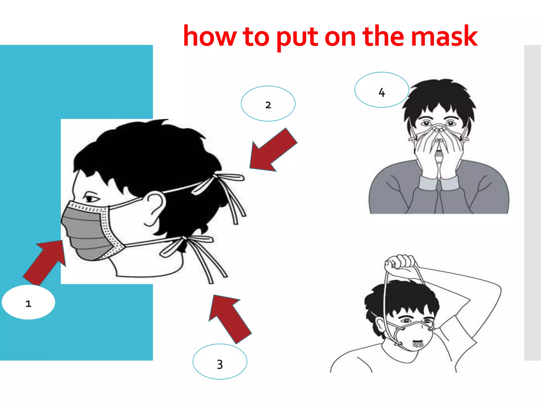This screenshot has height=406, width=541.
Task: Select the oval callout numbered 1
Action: pos(29,302)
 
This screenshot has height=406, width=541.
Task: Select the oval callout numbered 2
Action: pos(268,104)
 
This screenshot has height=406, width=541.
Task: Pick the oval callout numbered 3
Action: pos(220,362)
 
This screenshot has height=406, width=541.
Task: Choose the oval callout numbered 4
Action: pos(381,90)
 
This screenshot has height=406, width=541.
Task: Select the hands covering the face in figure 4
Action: pos(439,151)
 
